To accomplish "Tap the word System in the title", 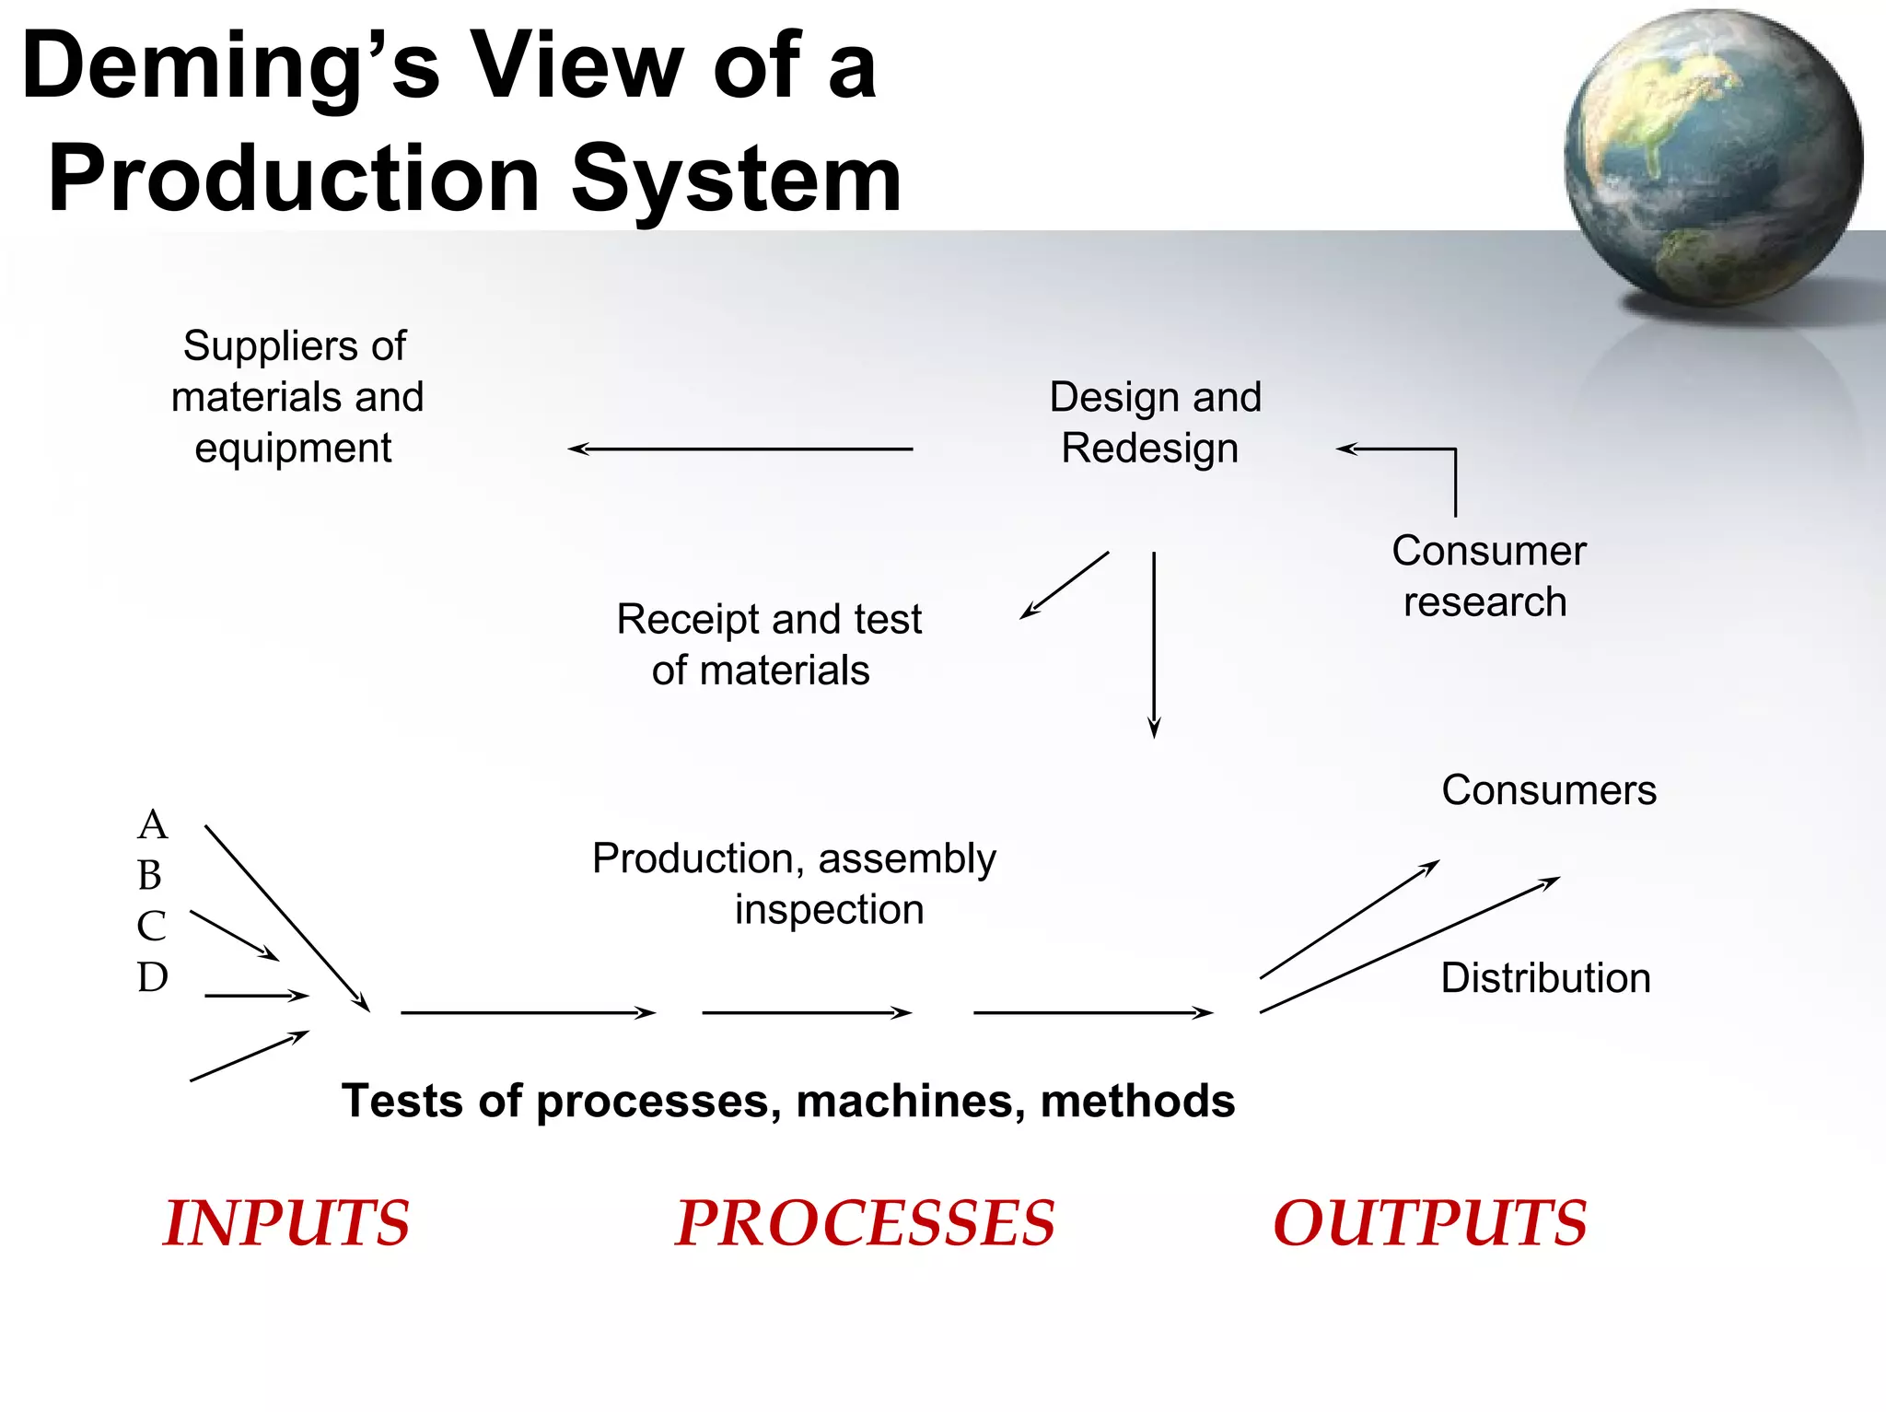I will [737, 180].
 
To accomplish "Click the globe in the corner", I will [1713, 157].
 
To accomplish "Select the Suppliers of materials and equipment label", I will [297, 397].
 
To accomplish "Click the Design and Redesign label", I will [1154, 423].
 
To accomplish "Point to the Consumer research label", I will [1487, 576].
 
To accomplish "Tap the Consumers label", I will [1548, 790].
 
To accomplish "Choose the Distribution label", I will [1545, 978].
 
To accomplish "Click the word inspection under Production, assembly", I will [829, 910].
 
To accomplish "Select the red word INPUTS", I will [286, 1223].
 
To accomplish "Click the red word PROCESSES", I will [865, 1223].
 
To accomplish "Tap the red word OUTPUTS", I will [1429, 1223].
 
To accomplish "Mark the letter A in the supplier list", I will [153, 824].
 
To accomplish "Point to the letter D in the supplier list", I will [153, 977].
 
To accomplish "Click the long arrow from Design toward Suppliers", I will [739, 449].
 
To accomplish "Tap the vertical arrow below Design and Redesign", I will [1154, 645].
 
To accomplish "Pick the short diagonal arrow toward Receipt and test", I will [1065, 585].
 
